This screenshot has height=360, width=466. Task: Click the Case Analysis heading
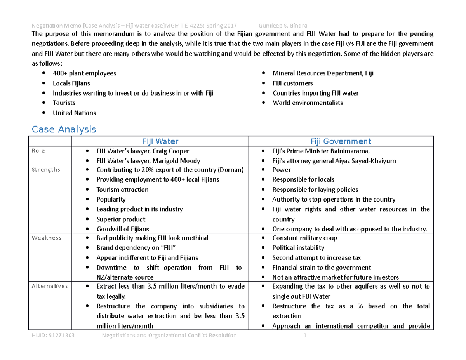(64, 129)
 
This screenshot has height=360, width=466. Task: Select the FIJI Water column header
(160, 142)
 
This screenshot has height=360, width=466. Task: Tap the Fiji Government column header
(340, 142)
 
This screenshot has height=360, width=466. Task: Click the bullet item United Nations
(74, 113)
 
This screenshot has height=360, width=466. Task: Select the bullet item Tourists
(64, 103)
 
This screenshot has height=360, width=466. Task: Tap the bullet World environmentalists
(308, 103)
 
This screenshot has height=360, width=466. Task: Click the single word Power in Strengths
(282, 170)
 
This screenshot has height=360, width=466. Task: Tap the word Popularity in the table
(111, 199)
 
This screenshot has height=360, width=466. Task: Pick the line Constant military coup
(304, 238)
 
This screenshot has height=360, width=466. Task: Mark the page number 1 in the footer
(305, 336)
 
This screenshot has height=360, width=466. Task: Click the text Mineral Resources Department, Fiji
(323, 73)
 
